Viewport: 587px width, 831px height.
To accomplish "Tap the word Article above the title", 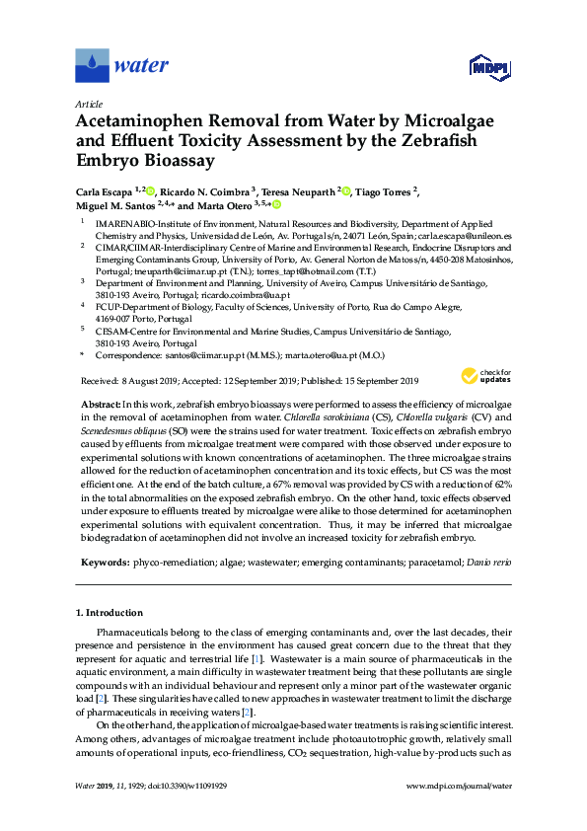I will [89, 104].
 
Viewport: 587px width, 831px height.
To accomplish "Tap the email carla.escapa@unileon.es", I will [469, 238].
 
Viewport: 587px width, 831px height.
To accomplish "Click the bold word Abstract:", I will [98, 406].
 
